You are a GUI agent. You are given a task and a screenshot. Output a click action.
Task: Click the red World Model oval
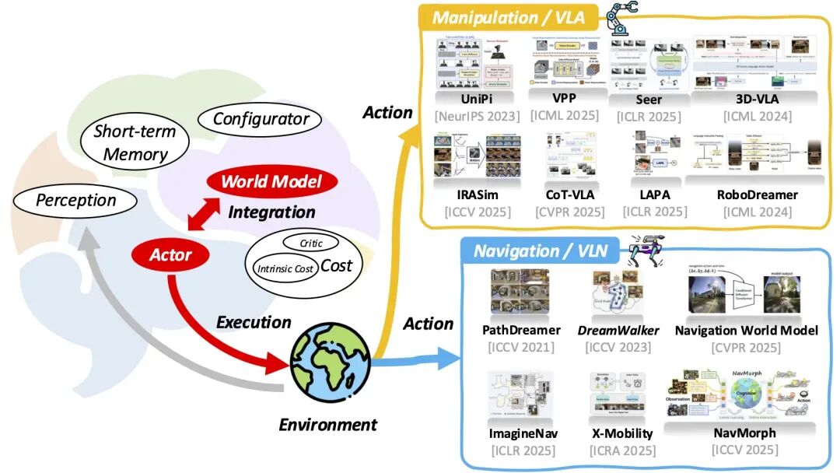[272, 183]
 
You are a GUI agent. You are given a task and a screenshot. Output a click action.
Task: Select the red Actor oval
[170, 254]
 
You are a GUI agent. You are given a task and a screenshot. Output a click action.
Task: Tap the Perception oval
[76, 200]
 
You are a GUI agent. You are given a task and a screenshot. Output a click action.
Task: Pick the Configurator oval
[261, 119]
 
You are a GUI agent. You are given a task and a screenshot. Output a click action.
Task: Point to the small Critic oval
[311, 243]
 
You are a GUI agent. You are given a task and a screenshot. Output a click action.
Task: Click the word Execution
[254, 322]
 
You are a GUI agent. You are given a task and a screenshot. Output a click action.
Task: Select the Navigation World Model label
[747, 331]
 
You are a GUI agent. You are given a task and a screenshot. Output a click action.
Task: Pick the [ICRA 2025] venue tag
[621, 450]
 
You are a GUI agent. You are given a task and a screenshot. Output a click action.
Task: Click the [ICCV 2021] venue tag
[521, 347]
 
